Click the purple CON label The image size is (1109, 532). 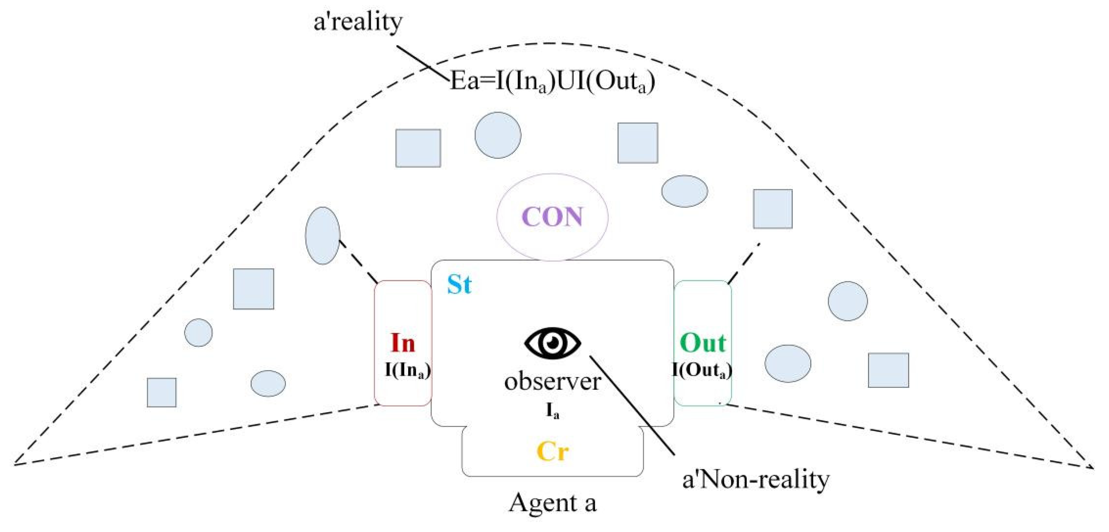point(552,217)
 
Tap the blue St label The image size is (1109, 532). point(459,285)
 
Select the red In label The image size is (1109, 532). point(403,343)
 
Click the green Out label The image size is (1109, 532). point(703,343)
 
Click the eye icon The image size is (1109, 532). point(552,343)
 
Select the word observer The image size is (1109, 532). point(552,382)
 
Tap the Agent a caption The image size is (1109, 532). point(552,503)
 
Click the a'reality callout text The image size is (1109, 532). point(358,22)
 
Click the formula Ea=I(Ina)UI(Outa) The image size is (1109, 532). point(552,81)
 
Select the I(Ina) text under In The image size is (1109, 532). point(407,371)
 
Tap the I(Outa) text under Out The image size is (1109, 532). point(702,371)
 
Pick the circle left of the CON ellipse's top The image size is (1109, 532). point(498,135)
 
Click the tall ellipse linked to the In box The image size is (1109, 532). point(322,236)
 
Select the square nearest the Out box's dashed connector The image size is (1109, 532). point(772,209)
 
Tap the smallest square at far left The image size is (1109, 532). point(161,392)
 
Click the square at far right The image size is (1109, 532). point(888,370)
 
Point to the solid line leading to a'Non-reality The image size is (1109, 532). point(632,405)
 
